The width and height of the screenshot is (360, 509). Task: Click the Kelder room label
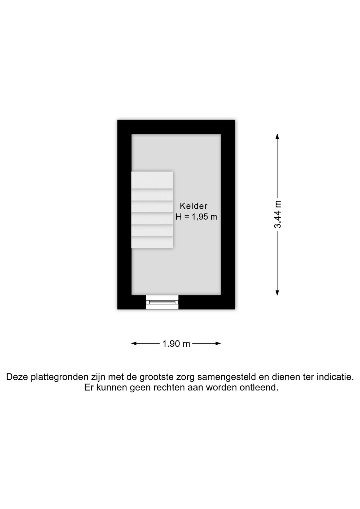pos(194,206)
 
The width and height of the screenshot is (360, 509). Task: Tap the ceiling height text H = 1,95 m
pos(196,217)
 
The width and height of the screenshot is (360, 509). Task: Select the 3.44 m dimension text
pos(278,214)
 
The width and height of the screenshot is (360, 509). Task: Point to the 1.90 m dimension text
pos(176,344)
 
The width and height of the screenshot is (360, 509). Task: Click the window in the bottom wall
pos(162,302)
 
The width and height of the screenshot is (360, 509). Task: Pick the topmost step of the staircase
pos(152,180)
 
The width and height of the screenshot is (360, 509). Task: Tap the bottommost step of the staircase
pos(152,242)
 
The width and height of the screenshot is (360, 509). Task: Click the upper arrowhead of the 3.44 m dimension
pos(277,136)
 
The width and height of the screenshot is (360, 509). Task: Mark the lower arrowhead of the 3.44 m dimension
pos(277,293)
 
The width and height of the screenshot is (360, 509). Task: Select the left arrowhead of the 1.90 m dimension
pos(134,344)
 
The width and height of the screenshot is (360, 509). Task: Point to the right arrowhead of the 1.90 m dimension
pos(218,344)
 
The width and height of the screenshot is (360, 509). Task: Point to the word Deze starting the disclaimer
pos(17,377)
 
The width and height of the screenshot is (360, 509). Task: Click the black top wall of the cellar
pos(176,127)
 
